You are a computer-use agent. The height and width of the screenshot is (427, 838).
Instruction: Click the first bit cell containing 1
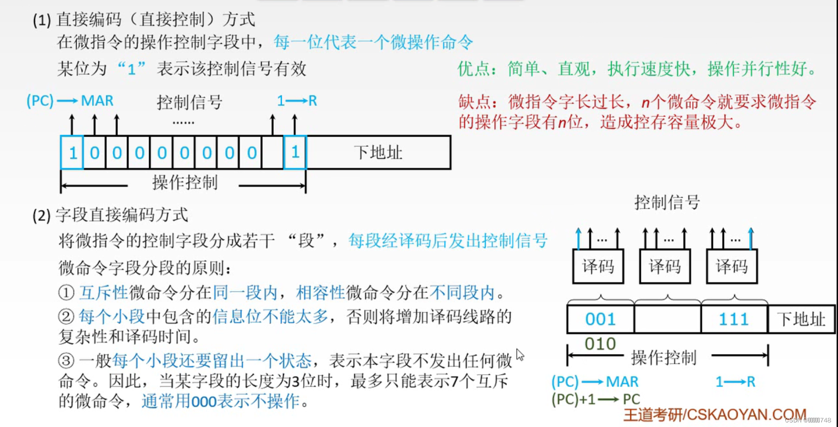(x=72, y=152)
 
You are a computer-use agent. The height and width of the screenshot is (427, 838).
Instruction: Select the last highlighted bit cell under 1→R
(x=295, y=152)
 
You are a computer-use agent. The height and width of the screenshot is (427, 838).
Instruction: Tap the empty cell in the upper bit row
(x=272, y=152)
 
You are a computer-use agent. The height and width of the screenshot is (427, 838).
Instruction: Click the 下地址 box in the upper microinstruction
(x=378, y=152)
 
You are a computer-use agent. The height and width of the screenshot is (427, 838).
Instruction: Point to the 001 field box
(x=600, y=319)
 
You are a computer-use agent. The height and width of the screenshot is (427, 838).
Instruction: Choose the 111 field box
(x=734, y=319)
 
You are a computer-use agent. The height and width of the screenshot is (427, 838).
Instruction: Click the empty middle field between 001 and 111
(x=668, y=319)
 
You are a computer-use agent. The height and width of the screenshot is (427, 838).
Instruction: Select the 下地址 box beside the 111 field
(x=801, y=319)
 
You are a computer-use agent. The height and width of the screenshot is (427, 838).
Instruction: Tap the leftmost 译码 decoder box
(x=598, y=266)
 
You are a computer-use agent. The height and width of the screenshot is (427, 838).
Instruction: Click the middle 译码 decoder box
(x=665, y=266)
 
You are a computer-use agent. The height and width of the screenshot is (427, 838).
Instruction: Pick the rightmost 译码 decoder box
(x=732, y=266)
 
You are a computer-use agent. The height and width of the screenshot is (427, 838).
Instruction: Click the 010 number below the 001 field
(x=600, y=344)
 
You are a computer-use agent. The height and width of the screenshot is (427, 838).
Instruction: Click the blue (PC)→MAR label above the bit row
(x=70, y=101)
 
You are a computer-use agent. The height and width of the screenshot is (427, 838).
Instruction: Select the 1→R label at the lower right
(x=735, y=382)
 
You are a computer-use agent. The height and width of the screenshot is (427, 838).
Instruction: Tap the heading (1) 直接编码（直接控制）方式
(x=144, y=20)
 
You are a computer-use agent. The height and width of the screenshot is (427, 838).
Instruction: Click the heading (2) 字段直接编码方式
(x=110, y=215)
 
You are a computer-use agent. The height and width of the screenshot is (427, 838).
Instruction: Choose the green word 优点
(x=474, y=69)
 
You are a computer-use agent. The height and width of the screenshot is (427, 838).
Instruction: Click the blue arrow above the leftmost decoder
(x=579, y=239)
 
